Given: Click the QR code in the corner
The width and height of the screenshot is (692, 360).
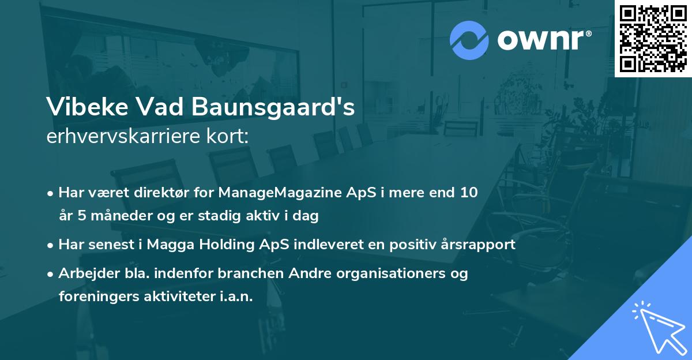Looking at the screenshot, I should pyautogui.click(x=653, y=38).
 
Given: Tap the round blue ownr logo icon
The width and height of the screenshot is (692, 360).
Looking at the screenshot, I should pyautogui.click(x=468, y=40).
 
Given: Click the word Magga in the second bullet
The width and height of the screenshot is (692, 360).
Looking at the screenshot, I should pyautogui.click(x=166, y=245).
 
